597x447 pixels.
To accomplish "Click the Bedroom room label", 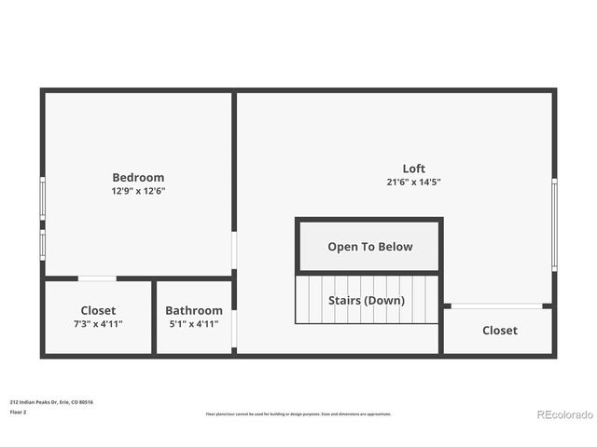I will [x=138, y=177].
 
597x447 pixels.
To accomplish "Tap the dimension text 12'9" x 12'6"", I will [x=138, y=191].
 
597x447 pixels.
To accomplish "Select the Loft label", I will [x=414, y=169].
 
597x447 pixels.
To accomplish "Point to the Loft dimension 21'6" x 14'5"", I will [x=414, y=183].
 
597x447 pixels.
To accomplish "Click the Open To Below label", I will [x=369, y=247].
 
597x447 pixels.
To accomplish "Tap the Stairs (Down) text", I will [x=366, y=300].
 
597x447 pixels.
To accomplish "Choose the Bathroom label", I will [x=194, y=310].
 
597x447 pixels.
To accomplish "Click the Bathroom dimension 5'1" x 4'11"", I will [x=194, y=324].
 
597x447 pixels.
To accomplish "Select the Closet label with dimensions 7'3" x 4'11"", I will [x=98, y=310].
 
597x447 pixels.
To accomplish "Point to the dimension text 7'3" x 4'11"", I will [x=98, y=324].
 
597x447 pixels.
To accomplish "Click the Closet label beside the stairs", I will [x=499, y=331].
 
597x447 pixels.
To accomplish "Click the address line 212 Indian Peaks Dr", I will [x=51, y=402].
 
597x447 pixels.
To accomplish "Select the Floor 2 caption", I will [x=18, y=412].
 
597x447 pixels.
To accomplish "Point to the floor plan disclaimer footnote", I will [x=298, y=413].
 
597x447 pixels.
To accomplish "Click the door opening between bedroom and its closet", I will [x=97, y=278].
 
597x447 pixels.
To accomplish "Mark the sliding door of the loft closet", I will [x=496, y=305].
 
